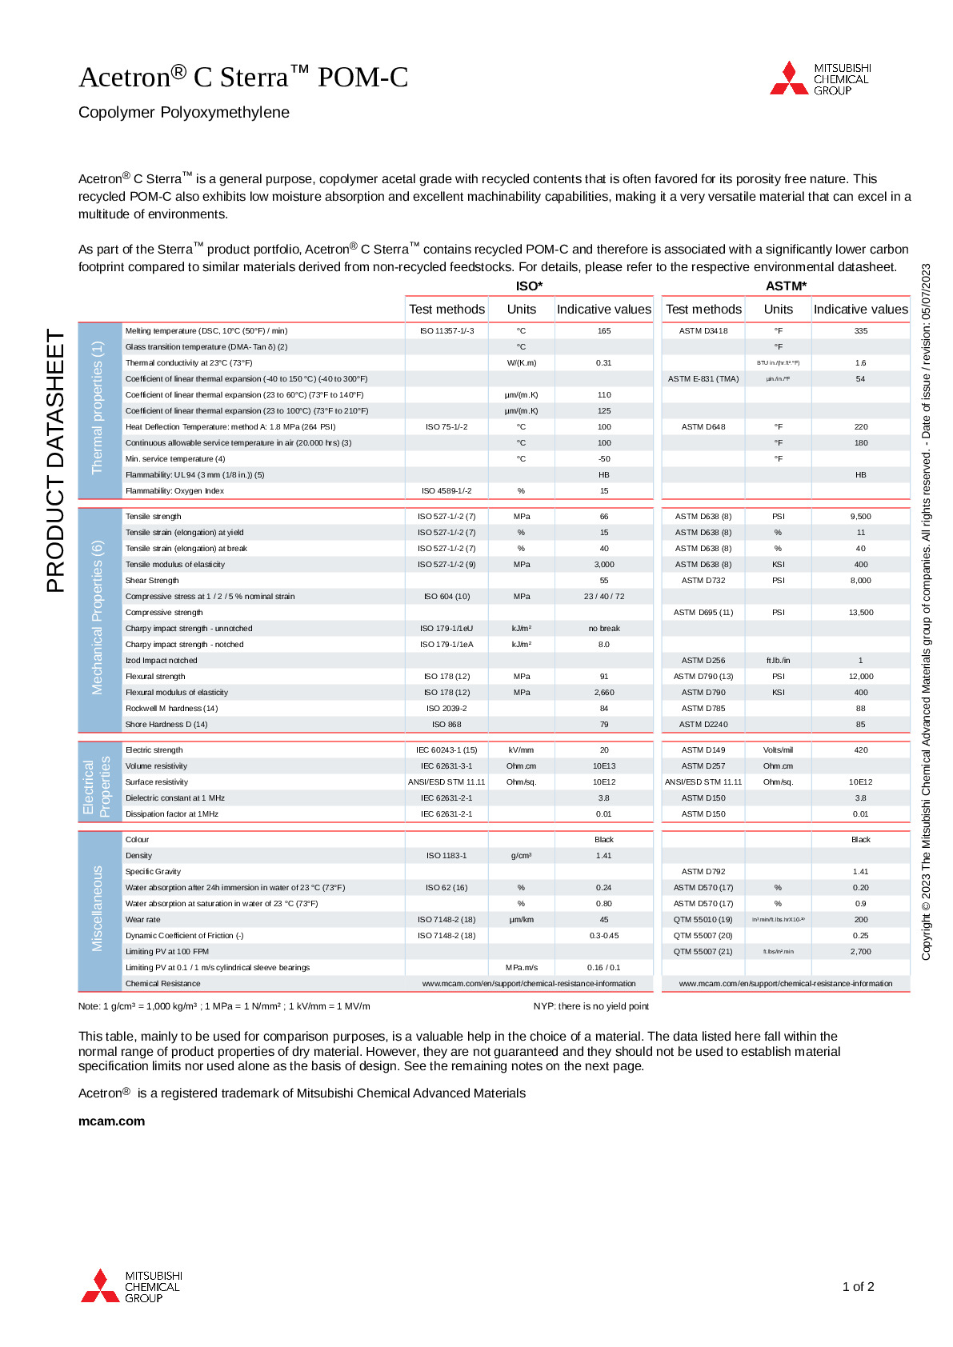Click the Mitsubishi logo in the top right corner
(x=819, y=78)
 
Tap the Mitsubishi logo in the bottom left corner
(x=131, y=1285)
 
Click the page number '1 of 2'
(x=858, y=1286)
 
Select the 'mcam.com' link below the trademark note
(x=111, y=1121)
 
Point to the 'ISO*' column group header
(x=529, y=286)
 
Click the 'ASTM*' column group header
(x=786, y=286)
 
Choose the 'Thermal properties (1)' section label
(x=98, y=407)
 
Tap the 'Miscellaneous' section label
(x=98, y=908)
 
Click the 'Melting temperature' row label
(x=206, y=330)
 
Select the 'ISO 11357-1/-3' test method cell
(x=446, y=330)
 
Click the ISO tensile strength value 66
(x=604, y=516)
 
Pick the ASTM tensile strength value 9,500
(x=860, y=516)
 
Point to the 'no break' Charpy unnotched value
(x=604, y=628)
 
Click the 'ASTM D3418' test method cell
(x=703, y=330)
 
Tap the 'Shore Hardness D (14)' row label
(x=166, y=724)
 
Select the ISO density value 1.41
(x=604, y=855)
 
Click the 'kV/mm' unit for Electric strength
(x=521, y=749)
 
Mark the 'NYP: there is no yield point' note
(x=591, y=1005)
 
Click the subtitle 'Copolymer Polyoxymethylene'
(x=184, y=112)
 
